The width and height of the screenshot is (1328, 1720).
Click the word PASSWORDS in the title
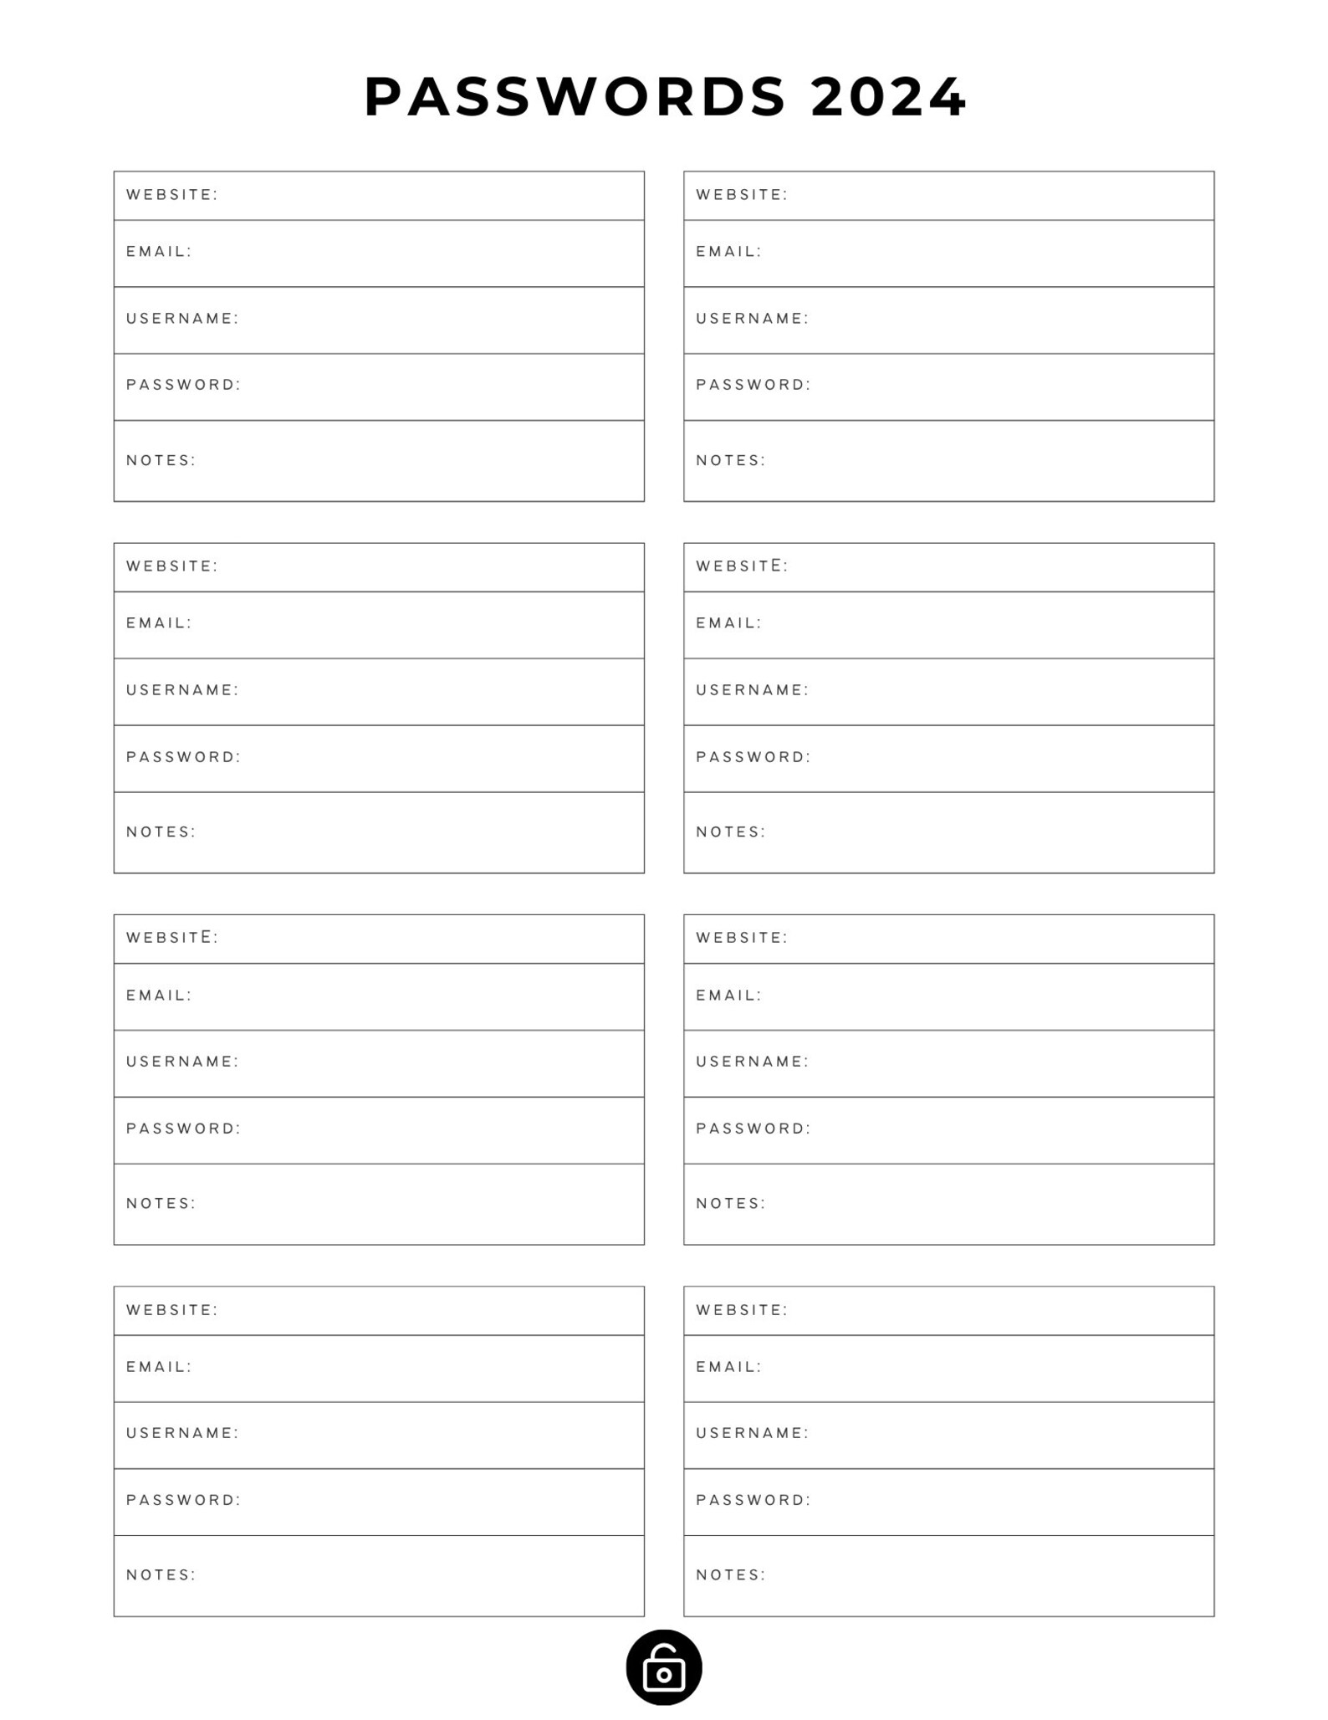click(575, 97)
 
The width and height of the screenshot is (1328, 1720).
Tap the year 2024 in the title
click(889, 97)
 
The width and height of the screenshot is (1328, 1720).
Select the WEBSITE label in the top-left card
click(172, 195)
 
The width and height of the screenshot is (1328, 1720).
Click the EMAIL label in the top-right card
click(728, 252)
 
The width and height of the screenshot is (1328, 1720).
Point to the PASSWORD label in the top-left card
click(183, 385)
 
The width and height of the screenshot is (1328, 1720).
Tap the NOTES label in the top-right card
click(731, 461)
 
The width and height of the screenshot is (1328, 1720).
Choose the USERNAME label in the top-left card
click(182, 319)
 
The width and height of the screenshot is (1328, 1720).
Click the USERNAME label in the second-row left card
click(182, 690)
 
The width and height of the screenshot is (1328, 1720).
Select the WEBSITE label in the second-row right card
click(742, 566)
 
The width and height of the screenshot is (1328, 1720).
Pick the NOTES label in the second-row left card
click(161, 832)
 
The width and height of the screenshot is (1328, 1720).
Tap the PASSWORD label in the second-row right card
click(753, 757)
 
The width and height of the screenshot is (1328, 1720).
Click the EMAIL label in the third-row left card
click(159, 996)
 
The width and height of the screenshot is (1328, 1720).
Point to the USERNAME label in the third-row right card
click(753, 1062)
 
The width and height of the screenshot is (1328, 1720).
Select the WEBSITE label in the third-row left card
click(172, 938)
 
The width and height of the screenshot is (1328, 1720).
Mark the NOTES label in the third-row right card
click(731, 1204)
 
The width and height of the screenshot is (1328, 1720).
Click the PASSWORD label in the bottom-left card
click(183, 1500)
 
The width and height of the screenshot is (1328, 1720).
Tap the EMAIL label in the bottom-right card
click(728, 1367)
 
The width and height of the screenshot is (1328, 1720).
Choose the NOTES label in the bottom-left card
click(161, 1575)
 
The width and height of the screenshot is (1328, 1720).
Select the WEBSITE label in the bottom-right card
click(742, 1310)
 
